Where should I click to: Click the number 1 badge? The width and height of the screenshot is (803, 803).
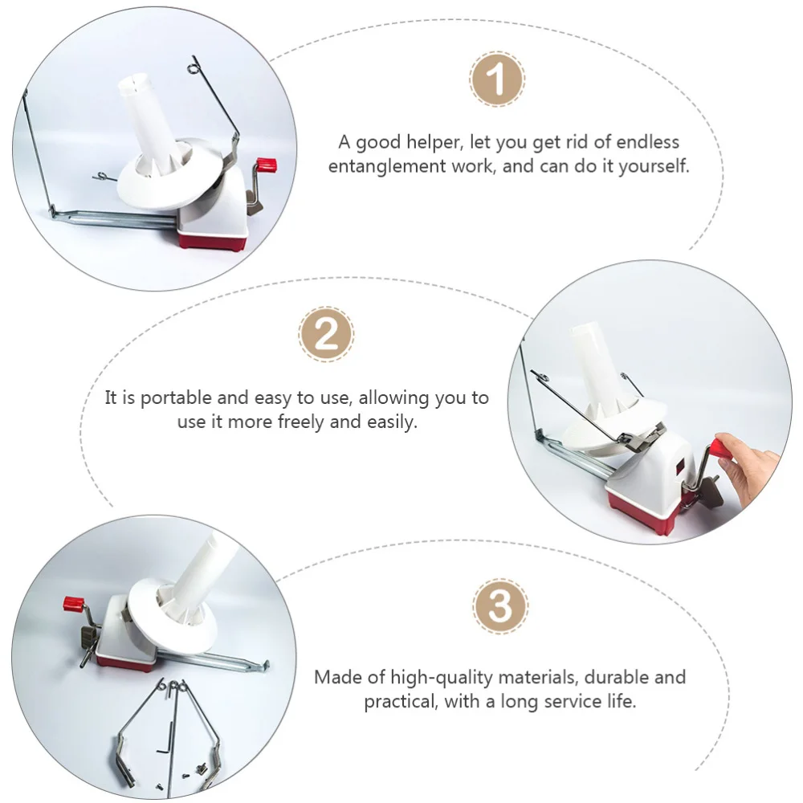[x=496, y=79]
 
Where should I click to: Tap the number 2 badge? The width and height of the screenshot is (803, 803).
[x=326, y=334]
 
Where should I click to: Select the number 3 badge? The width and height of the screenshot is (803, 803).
[x=500, y=606]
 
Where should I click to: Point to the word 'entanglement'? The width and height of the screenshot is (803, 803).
[x=385, y=167]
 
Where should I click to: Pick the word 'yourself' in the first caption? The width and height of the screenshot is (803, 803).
[x=651, y=167]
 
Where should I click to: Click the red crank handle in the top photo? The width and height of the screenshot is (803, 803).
[x=267, y=165]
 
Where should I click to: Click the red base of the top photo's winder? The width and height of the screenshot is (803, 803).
[x=210, y=238]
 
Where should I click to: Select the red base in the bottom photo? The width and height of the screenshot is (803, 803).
[x=127, y=662]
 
